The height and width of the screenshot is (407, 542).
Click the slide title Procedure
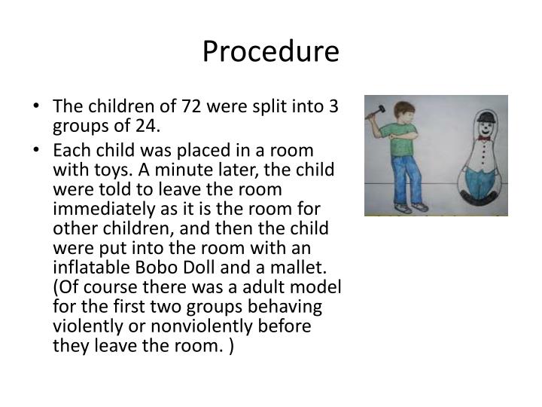click(271, 52)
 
